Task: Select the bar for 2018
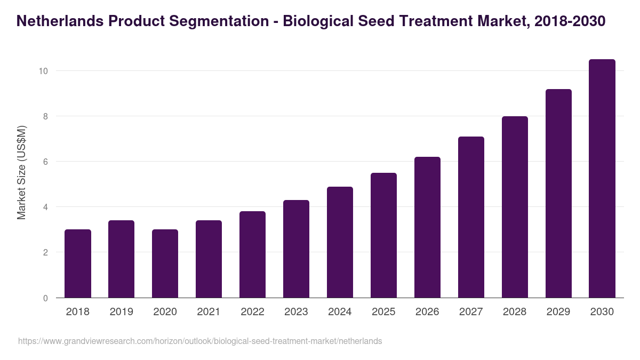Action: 78,263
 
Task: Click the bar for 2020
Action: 165,263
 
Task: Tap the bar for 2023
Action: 296,249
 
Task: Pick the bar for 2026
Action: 427,227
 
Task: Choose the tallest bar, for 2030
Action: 602,179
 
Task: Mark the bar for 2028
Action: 515,207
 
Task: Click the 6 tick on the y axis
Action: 45,162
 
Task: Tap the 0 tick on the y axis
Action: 45,298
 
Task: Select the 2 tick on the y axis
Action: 45,252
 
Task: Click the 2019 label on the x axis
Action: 122,312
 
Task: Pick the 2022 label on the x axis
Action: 252,312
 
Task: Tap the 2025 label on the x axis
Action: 383,312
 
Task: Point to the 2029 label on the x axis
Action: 558,312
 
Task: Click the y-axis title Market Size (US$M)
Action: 21,172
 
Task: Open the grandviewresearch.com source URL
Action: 200,341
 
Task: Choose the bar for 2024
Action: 340,242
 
